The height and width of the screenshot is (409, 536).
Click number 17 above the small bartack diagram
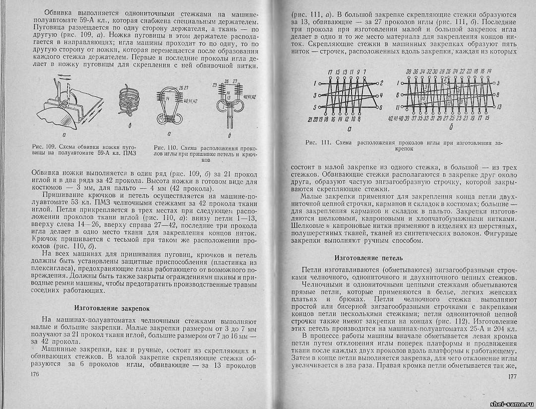[x=330, y=72]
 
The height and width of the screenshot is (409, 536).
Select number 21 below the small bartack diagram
[x=310, y=119]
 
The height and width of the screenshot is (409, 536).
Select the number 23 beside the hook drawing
[x=216, y=85]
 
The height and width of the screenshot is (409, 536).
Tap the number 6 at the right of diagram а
[x=380, y=107]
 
